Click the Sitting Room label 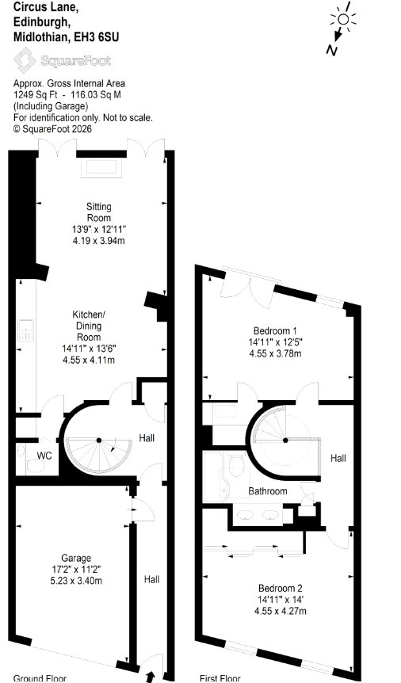[99, 212]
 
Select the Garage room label [76, 558]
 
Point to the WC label [44, 456]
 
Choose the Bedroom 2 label [281, 587]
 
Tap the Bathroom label [268, 491]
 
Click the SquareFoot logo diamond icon [25, 59]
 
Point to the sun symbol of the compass [343, 19]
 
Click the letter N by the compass [332, 51]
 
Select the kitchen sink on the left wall [25, 330]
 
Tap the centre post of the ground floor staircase [99, 441]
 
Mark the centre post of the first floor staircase [285, 441]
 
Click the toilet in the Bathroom [236, 466]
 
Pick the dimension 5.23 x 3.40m [76, 580]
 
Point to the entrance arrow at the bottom [151, 677]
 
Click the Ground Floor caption [40, 679]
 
